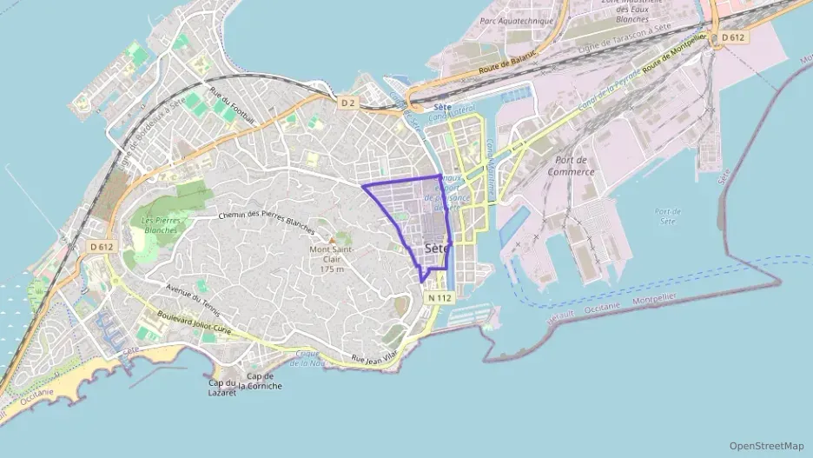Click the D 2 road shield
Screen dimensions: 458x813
click(x=348, y=103)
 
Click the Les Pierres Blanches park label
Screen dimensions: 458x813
click(x=160, y=225)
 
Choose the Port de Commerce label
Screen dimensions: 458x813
click(x=571, y=166)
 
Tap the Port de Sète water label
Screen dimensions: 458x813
click(x=668, y=216)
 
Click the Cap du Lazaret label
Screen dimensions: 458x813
click(x=223, y=387)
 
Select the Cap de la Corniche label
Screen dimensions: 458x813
click(x=264, y=382)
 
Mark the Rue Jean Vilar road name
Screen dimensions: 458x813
click(x=374, y=355)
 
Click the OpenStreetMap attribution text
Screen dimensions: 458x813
click(x=767, y=446)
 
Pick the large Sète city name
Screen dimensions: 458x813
click(x=437, y=249)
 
